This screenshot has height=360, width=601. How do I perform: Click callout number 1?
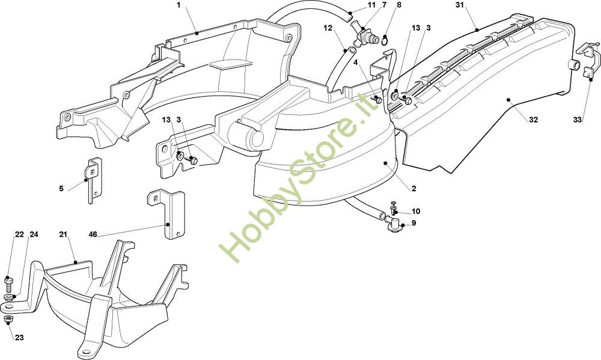coord(178,5)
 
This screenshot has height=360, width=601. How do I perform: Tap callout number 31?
coord(460,5)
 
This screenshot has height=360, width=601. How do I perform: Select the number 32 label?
coord(533,120)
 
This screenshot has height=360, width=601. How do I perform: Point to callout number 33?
coord(578,120)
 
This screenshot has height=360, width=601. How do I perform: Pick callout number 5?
coord(61,189)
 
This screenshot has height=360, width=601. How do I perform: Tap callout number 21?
coord(64,234)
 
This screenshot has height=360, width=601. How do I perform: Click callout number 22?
coord(19,234)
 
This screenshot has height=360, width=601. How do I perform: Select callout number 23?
coord(19,338)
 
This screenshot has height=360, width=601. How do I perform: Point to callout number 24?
coord(34,234)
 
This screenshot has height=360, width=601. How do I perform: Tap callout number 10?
coord(416,212)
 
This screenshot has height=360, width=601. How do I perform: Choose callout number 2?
coord(413,189)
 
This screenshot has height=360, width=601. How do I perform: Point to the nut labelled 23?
coord(8,320)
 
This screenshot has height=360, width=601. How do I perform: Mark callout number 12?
coord(328,28)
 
